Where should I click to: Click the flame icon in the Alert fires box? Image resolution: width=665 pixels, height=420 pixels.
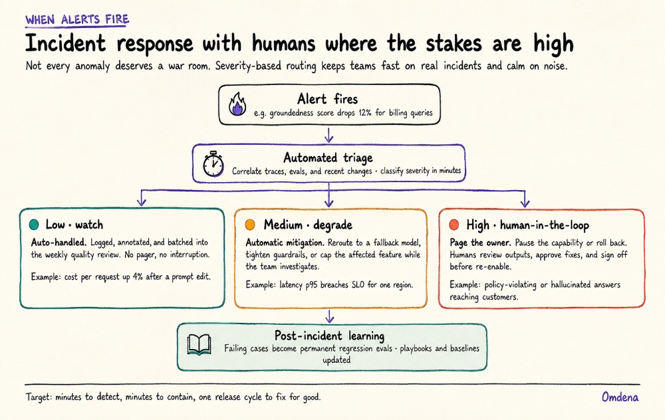coord(237,105)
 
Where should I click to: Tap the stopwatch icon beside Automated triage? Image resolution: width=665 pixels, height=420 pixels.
coord(213,164)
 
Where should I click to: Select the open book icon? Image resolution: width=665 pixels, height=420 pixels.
coord(199,345)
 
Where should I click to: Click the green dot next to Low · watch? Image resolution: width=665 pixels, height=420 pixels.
coord(34,225)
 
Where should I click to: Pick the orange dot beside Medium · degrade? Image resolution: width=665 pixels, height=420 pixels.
coord(250,225)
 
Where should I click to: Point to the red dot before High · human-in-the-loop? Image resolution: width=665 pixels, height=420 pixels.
coord(454,225)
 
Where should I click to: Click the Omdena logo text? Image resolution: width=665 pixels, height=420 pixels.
coord(620,397)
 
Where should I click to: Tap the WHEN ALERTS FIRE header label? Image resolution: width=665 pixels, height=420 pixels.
coord(77,19)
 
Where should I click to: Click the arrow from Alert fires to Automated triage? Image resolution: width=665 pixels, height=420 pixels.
coord(329,134)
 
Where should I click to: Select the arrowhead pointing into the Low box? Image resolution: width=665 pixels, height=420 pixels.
coord(142,201)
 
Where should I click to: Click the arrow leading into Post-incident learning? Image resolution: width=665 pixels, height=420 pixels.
coord(329,316)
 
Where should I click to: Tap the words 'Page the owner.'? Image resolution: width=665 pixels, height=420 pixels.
coord(480,243)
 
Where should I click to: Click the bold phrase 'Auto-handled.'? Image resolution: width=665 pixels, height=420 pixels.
coord(59,243)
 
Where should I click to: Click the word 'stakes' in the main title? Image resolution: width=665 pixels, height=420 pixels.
coord(454,44)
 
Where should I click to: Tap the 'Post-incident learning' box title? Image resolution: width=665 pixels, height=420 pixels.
coord(329,336)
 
